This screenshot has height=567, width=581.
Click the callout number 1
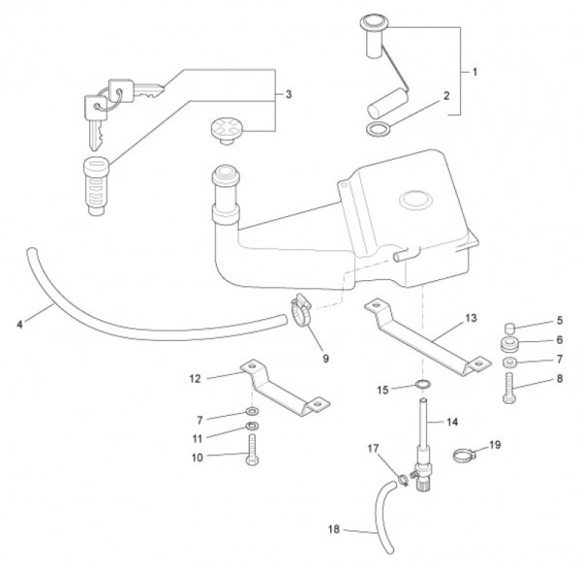click(x=474, y=72)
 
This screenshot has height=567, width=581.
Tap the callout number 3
click(x=289, y=94)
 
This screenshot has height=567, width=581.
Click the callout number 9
click(x=325, y=359)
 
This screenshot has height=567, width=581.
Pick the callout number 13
click(x=471, y=318)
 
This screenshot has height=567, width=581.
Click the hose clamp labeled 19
click(x=466, y=450)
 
